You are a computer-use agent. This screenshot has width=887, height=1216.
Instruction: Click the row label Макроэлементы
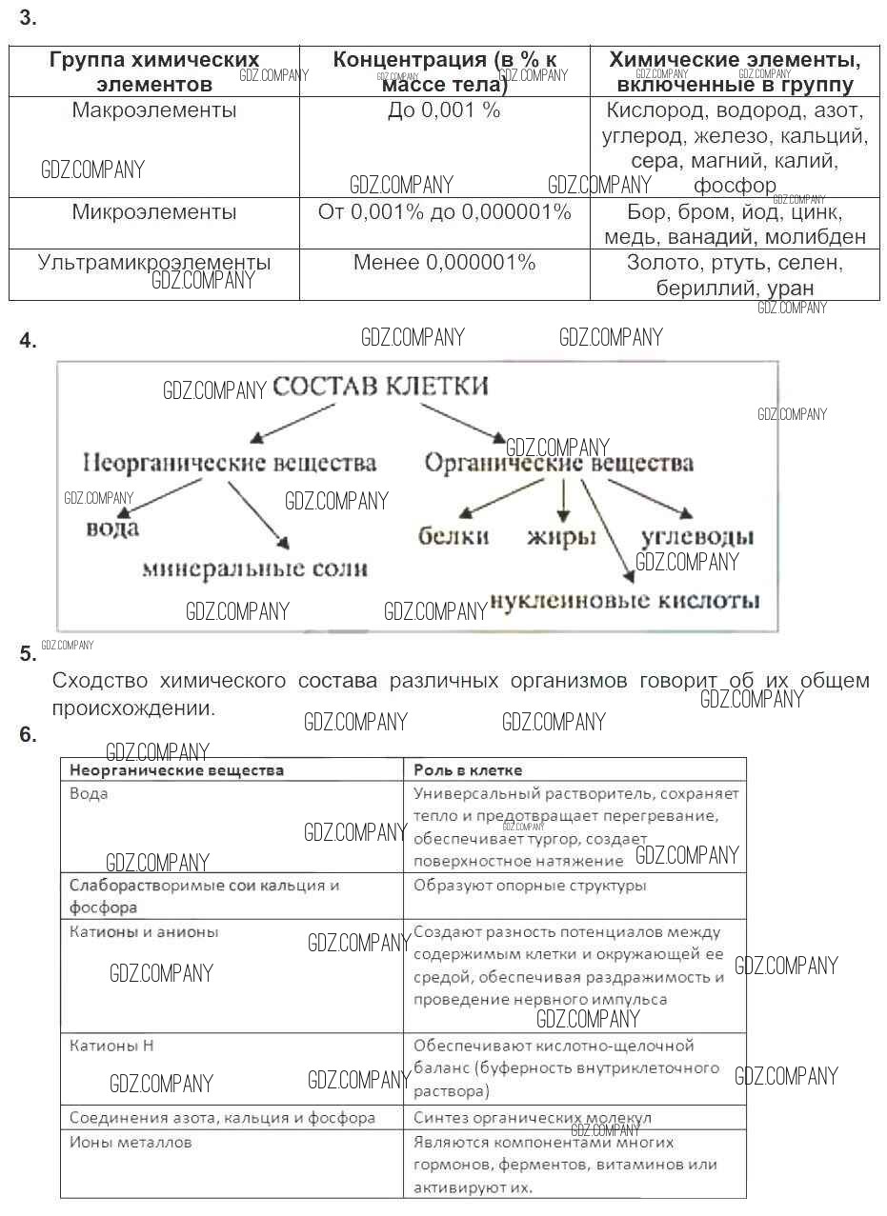[154, 110]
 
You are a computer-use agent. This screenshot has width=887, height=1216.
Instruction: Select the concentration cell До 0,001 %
[444, 110]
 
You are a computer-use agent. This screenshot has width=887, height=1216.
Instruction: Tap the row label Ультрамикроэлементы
[154, 262]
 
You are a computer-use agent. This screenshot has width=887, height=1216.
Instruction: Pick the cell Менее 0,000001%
[444, 262]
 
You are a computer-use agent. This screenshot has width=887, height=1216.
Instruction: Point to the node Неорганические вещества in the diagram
[230, 464]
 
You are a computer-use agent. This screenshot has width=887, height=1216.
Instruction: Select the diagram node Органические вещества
[558, 464]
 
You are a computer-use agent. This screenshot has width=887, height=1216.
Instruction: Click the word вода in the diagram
[112, 527]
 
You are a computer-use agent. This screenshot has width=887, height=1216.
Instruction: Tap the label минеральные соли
[254, 568]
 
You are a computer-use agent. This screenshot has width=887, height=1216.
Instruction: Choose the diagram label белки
[454, 536]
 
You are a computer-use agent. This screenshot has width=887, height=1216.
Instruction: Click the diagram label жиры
[561, 537]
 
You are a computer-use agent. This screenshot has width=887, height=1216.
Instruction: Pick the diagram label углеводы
[697, 537]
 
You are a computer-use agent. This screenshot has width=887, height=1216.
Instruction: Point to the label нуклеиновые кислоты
[625, 600]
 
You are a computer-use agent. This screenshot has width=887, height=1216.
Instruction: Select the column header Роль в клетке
[468, 769]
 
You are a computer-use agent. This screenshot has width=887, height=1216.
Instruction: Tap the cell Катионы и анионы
[144, 931]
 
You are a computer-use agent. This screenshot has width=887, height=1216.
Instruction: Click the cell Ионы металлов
[131, 1141]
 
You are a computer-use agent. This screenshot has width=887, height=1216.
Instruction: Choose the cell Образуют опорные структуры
[530, 885]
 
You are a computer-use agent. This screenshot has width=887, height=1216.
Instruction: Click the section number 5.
[28, 654]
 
